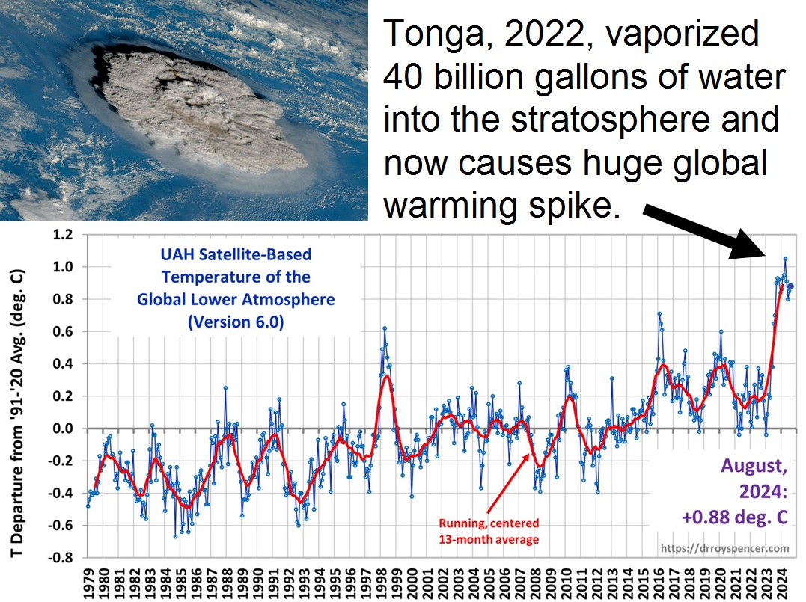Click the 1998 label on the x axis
380,580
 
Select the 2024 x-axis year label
778,580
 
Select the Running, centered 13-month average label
488,530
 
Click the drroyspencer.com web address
725,548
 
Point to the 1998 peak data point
384,328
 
